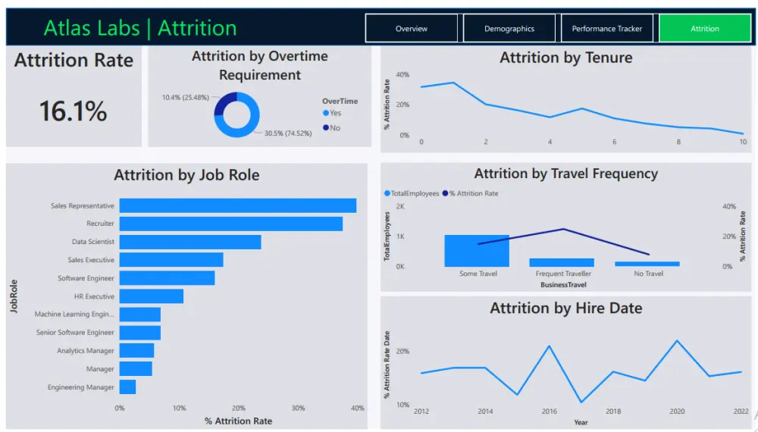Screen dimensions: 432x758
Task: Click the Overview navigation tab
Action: [x=412, y=29]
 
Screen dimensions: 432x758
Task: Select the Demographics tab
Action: [x=509, y=29]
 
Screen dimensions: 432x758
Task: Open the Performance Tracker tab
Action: [x=606, y=29]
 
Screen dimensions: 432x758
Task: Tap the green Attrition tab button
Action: [x=704, y=29]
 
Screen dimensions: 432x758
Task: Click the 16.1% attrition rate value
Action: [x=73, y=111]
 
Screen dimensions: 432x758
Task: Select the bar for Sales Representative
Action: [x=237, y=205]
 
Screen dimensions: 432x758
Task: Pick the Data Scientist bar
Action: [x=189, y=242]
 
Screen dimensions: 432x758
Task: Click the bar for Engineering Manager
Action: [x=127, y=387]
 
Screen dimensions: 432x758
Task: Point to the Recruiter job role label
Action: [x=100, y=224]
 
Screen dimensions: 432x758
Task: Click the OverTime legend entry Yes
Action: [x=334, y=113]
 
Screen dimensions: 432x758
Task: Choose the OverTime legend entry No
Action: [x=334, y=128]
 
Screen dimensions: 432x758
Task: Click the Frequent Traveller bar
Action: [x=562, y=262]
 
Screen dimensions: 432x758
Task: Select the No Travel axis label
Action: [x=648, y=274]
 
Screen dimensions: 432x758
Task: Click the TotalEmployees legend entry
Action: [x=414, y=193]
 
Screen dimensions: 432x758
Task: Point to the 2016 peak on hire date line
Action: [x=550, y=346]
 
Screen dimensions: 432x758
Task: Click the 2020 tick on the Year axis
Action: [x=677, y=412]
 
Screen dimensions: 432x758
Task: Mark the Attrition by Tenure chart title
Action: [x=565, y=58]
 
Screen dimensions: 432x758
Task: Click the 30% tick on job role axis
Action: [x=298, y=409]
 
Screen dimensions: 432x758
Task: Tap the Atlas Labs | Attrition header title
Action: [x=140, y=28]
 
